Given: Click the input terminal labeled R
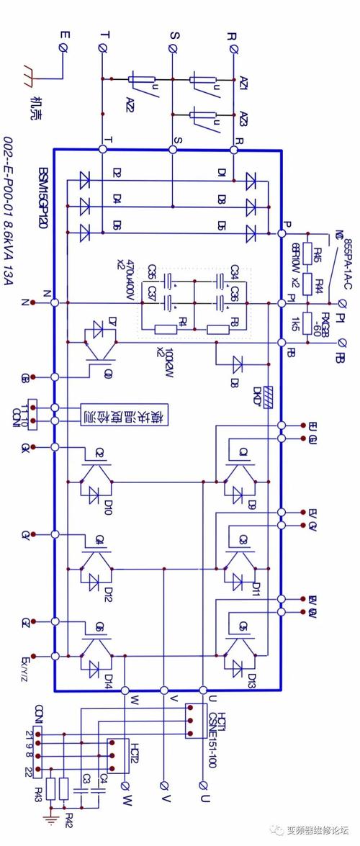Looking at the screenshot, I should tap(235, 48).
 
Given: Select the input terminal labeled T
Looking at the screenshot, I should tap(103, 48).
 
